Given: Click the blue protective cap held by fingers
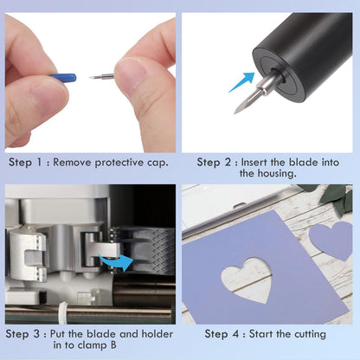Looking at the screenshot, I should click(62, 78).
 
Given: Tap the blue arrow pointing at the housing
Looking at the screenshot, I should click(242, 82).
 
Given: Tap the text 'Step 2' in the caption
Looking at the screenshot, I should click(215, 162).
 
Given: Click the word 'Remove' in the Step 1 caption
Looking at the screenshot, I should click(77, 162).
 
